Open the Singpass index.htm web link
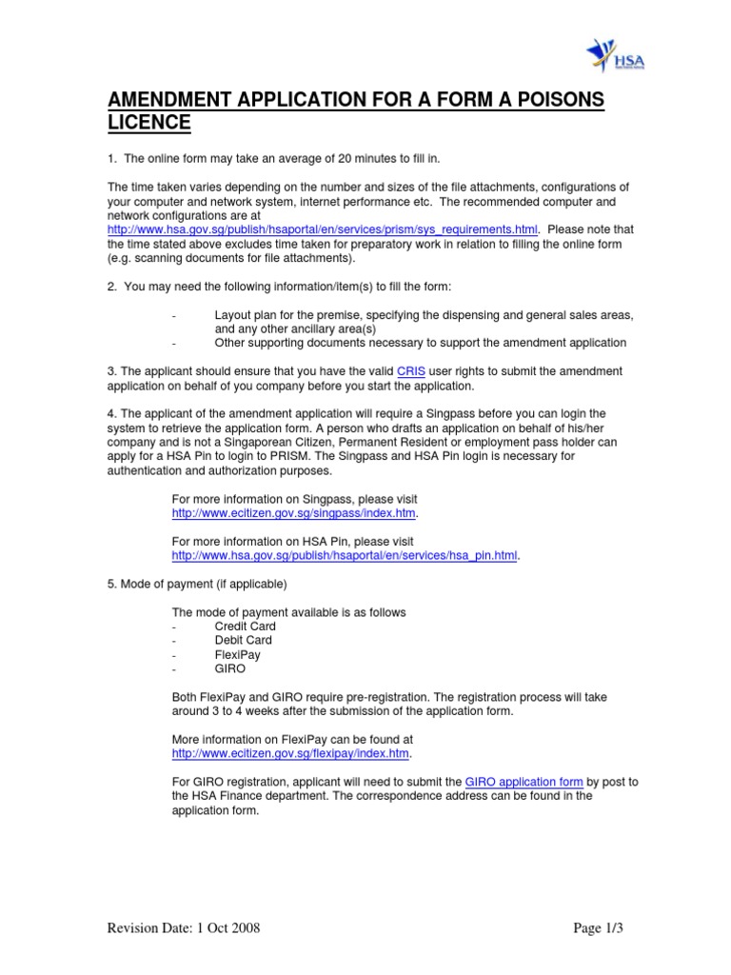(294, 512)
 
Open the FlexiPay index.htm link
(290, 752)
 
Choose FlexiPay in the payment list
(237, 655)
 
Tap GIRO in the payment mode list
(230, 668)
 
